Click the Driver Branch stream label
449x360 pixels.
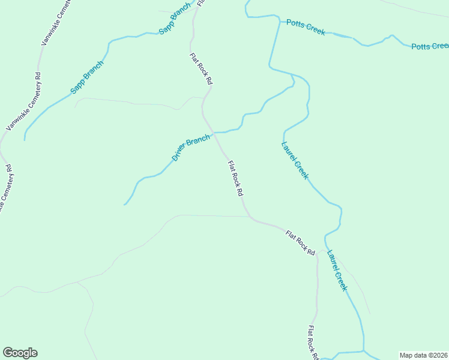tap(191, 148)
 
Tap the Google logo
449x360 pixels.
tap(20, 353)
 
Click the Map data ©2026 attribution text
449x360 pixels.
tap(423, 355)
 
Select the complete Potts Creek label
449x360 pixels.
tap(306, 27)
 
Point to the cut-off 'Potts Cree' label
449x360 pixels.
tap(430, 46)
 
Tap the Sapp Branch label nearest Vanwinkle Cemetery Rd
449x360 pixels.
tap(87, 77)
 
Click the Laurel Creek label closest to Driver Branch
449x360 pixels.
tap(295, 160)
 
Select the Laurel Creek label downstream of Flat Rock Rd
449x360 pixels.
tap(337, 269)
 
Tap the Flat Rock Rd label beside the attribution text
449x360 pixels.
tap(313, 343)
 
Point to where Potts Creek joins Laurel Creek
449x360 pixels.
tap(280, 22)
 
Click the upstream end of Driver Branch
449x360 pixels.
tap(124, 205)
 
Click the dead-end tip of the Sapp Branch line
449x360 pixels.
tap(25, 140)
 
